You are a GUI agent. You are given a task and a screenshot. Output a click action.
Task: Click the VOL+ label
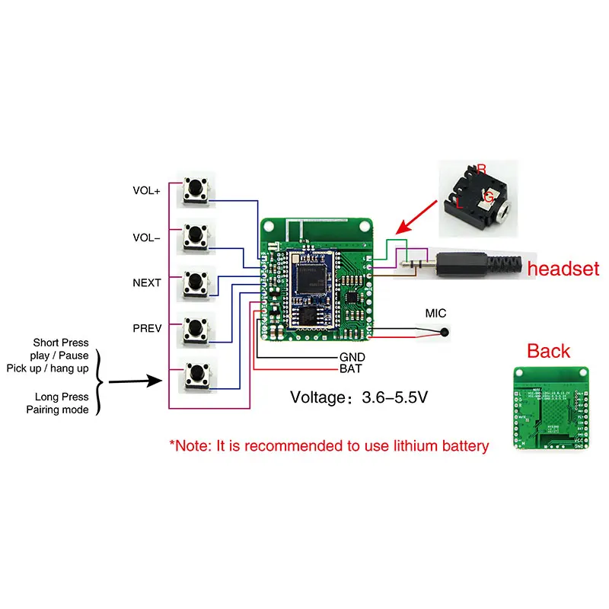146,192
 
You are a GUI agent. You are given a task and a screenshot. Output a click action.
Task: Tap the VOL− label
146,238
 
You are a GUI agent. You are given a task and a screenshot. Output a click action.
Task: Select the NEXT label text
146,282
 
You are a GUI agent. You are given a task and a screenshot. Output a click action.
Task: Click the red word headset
563,269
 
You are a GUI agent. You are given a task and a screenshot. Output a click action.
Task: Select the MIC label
435,314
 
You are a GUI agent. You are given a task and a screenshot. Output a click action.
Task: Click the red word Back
549,351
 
